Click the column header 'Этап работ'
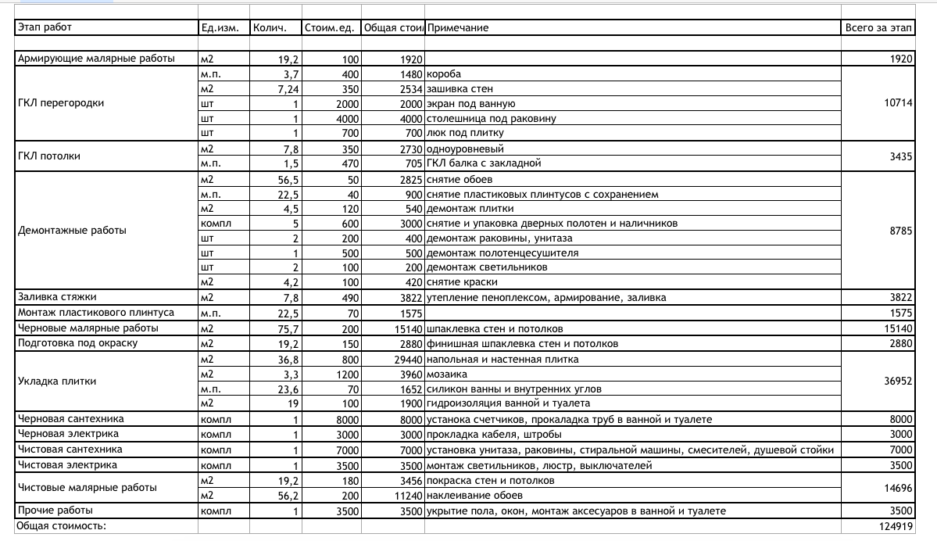[x=45, y=28]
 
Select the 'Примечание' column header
[x=458, y=28]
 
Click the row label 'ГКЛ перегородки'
[x=61, y=103]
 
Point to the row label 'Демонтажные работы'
[x=72, y=231]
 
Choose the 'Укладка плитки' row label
[x=57, y=382]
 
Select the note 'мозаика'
[x=446, y=374]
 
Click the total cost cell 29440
[x=409, y=360]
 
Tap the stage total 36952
[x=898, y=382]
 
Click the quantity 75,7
[x=288, y=329]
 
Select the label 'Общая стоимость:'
[x=61, y=526]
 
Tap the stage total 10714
[x=898, y=103]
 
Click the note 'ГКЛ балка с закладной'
[x=484, y=164]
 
